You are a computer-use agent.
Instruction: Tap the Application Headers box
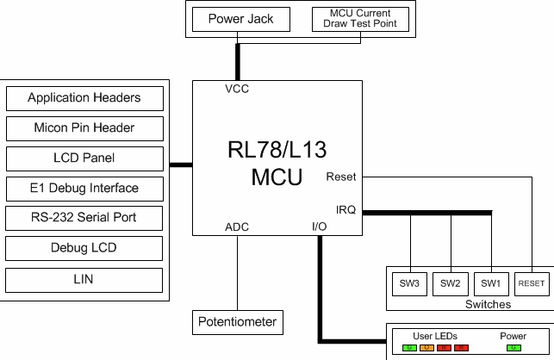tap(84, 98)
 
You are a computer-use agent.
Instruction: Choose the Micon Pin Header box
tap(84, 128)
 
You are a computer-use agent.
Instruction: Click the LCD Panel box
tap(84, 158)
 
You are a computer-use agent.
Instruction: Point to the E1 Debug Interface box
tap(84, 189)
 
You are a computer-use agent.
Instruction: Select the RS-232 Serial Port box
tap(84, 218)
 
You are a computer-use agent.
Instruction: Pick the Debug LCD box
tap(84, 249)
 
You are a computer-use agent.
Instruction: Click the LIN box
tap(84, 279)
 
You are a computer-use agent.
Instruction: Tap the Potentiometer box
tap(237, 322)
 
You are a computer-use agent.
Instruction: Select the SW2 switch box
tap(451, 282)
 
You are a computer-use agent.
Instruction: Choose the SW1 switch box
tap(491, 282)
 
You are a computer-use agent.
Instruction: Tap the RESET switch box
tap(531, 282)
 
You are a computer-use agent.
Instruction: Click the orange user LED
tap(426, 347)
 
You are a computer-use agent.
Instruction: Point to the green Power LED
tap(514, 347)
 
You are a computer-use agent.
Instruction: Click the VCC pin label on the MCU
tap(237, 90)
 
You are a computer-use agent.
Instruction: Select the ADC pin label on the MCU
tap(237, 227)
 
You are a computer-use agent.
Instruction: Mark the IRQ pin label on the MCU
tap(345, 209)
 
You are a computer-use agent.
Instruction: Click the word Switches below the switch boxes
tap(488, 304)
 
